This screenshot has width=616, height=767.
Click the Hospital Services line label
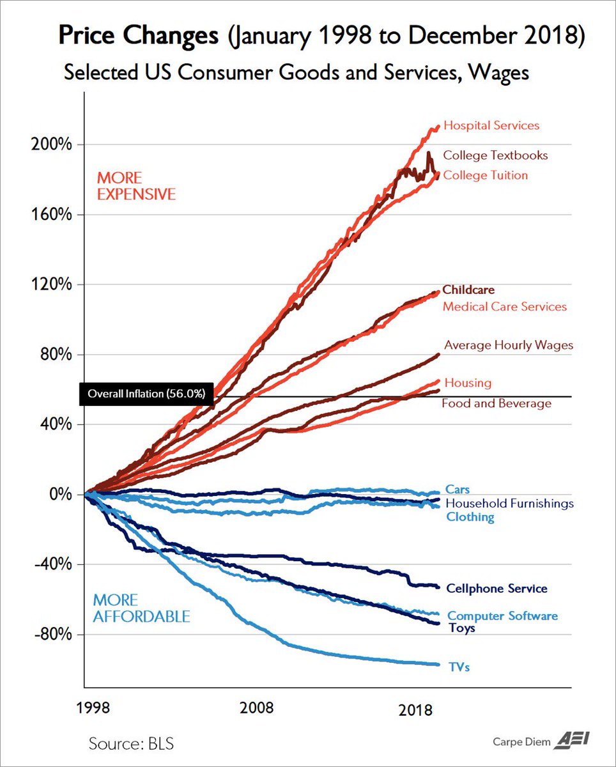[491, 125]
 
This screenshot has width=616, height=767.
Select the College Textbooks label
[495, 155]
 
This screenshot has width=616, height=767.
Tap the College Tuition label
[486, 175]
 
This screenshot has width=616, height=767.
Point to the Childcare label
[468, 290]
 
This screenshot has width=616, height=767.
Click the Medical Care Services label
[505, 307]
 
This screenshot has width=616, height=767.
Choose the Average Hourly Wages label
[509, 345]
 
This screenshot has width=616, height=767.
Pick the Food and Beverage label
[497, 403]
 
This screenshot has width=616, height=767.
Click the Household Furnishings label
[510, 503]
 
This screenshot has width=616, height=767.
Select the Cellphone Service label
[497, 588]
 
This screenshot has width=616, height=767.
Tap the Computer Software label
[502, 616]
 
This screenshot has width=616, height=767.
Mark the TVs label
[459, 667]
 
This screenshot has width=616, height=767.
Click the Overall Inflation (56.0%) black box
[146, 394]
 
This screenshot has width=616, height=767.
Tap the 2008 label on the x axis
[256, 708]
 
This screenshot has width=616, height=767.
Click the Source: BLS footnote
[131, 743]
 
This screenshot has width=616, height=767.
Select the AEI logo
[574, 740]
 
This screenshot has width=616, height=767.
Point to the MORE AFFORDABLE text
[141, 608]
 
